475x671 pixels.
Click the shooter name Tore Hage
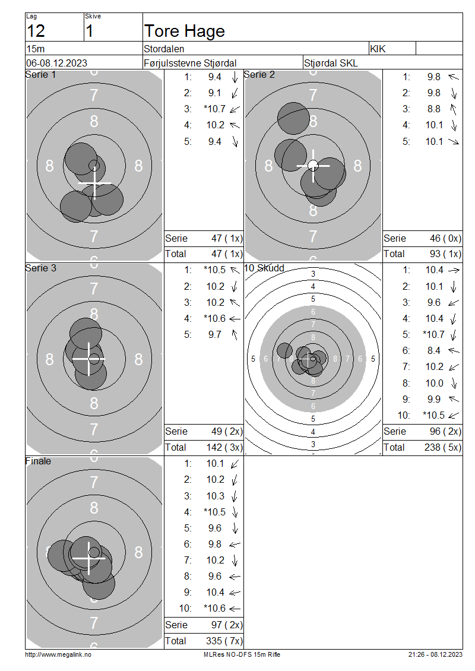(185, 31)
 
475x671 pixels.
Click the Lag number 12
(36, 31)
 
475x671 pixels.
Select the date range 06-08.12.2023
(56, 63)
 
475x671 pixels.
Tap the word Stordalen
(164, 49)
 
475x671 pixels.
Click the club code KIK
(378, 49)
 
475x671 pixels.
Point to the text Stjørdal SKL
(331, 64)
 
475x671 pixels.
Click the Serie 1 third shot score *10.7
(214, 109)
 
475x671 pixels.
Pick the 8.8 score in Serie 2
(433, 109)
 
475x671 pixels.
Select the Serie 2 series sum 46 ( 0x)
(445, 238)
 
